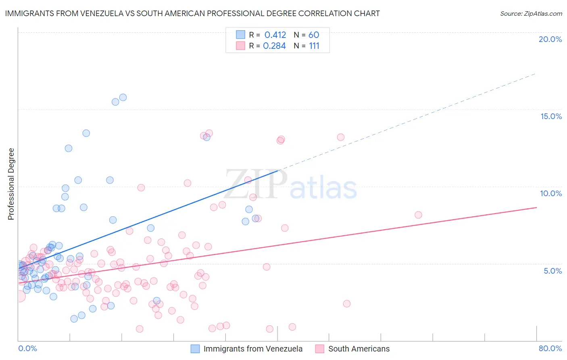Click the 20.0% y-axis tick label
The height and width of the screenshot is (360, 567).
click(550, 39)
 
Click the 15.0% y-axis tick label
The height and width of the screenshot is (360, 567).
click(551, 116)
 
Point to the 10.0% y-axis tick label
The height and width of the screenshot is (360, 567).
click(551, 193)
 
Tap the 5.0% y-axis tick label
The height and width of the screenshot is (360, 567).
click(552, 271)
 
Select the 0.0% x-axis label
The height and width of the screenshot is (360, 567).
click(27, 348)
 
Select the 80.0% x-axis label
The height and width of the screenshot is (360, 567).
click(550, 348)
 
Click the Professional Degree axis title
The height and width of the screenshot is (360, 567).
click(11, 184)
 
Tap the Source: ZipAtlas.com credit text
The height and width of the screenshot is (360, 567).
click(531, 13)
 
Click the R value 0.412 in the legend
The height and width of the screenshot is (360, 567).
click(275, 35)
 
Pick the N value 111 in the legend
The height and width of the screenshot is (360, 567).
click(314, 46)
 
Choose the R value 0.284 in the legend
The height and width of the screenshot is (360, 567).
click(274, 46)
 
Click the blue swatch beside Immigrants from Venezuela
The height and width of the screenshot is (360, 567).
click(195, 349)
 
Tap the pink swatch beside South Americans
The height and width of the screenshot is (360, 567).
click(320, 349)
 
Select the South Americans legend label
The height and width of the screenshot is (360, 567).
click(359, 349)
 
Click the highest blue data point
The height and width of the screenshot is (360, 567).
click(123, 97)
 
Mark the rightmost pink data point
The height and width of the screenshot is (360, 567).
click(418, 215)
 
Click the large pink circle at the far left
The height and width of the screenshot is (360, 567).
click(19, 297)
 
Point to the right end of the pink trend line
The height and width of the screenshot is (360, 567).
click(536, 207)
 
